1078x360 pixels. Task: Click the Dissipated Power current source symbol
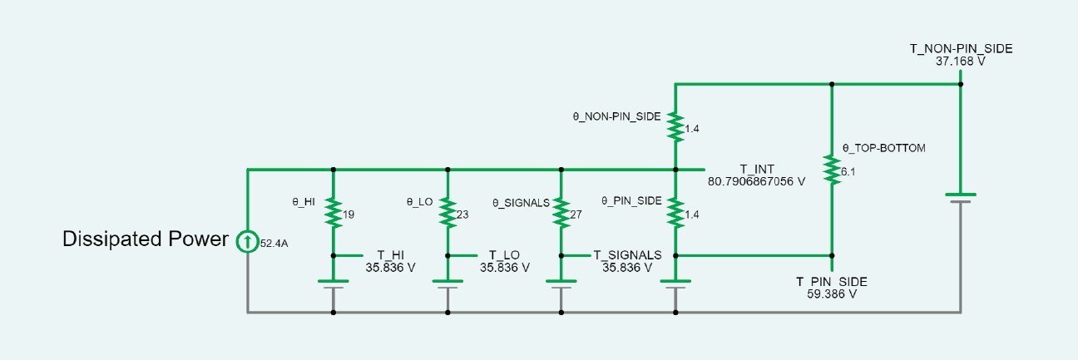pyautogui.click(x=248, y=242)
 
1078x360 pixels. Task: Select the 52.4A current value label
pyautogui.click(x=275, y=244)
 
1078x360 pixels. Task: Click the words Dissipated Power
pyautogui.click(x=146, y=239)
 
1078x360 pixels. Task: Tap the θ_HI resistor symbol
pyautogui.click(x=333, y=212)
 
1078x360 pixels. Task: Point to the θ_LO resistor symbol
pyautogui.click(x=448, y=212)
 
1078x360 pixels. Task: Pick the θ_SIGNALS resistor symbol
pyautogui.click(x=561, y=212)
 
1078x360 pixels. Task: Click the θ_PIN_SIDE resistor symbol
pyautogui.click(x=675, y=212)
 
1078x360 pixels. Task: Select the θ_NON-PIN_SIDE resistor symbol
pyautogui.click(x=675, y=126)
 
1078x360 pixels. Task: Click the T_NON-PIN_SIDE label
pyautogui.click(x=961, y=49)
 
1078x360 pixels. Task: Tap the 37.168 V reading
pyautogui.click(x=961, y=62)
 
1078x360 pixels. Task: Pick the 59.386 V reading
pyautogui.click(x=831, y=294)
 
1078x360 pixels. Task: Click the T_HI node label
pyautogui.click(x=390, y=255)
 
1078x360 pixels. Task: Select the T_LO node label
pyautogui.click(x=504, y=255)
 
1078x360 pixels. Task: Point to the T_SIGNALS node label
pyautogui.click(x=627, y=254)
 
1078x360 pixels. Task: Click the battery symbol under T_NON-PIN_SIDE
pyautogui.click(x=961, y=198)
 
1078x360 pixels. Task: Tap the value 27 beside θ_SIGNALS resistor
pyautogui.click(x=576, y=215)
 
